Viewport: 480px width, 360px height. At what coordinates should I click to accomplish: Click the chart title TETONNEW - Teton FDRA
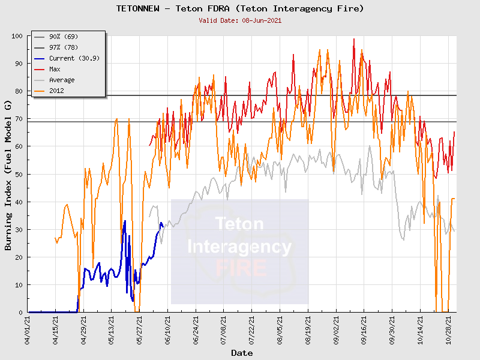tap(240, 8)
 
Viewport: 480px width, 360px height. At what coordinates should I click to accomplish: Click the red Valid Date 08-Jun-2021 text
tap(240, 20)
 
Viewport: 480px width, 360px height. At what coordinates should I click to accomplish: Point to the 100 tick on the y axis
tap(17, 36)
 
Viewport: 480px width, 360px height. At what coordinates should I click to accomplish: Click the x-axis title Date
tap(242, 353)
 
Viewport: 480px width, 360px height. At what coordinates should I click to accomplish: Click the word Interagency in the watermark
tap(239, 247)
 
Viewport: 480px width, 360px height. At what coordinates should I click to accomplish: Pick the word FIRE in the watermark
tap(239, 268)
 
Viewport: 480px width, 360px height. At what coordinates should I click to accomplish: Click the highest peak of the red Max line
tap(354, 39)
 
